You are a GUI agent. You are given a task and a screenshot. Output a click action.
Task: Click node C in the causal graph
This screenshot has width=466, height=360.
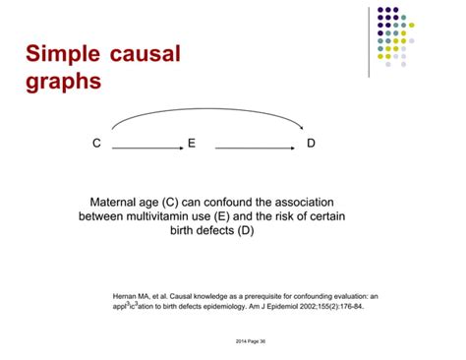[x=96, y=144]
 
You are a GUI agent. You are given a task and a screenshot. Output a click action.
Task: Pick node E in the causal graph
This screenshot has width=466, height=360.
[x=192, y=144]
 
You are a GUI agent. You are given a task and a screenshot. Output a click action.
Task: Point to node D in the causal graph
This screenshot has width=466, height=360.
[x=311, y=144]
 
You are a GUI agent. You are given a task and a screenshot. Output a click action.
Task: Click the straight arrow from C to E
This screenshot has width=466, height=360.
[x=147, y=148]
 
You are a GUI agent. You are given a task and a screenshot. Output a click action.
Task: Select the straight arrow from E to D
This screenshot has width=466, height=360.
[x=251, y=148]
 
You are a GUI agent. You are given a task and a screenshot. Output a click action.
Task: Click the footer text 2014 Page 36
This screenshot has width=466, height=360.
[x=232, y=339]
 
